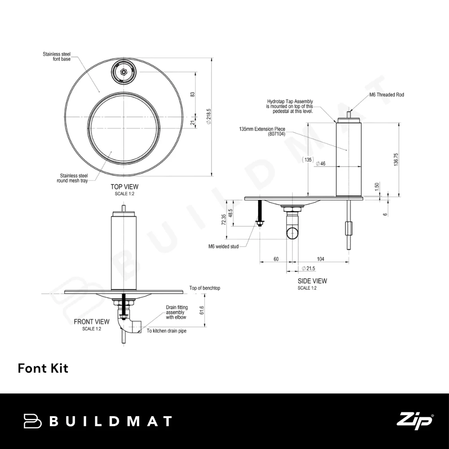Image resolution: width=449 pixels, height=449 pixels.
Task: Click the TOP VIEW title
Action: (124, 187)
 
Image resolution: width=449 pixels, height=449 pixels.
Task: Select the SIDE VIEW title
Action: (312, 281)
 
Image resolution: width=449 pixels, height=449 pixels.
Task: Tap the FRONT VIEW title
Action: (92, 322)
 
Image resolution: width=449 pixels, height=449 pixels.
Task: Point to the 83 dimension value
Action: (193, 94)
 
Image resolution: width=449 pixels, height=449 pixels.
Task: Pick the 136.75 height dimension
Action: (396, 159)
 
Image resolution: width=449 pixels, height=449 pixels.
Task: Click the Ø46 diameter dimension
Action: (321, 163)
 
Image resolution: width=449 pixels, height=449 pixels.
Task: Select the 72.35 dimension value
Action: (224, 220)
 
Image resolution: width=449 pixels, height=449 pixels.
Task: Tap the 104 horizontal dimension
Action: (321, 259)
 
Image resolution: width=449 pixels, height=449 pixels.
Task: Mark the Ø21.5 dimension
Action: (308, 269)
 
